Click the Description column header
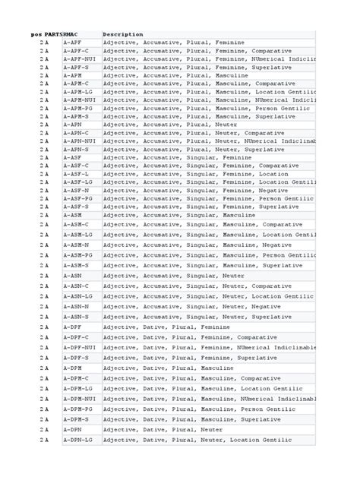tap(122, 34)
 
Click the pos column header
tap(36, 34)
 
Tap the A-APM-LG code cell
tap(78, 92)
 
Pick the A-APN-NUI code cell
tap(80, 141)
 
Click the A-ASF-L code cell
tap(76, 174)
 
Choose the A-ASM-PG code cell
tap(78, 256)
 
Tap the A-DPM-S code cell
tap(76, 419)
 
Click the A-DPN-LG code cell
tap(78, 440)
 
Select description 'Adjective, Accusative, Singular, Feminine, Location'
tap(196, 174)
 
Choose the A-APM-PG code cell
tap(78, 109)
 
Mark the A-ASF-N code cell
tap(76, 191)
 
